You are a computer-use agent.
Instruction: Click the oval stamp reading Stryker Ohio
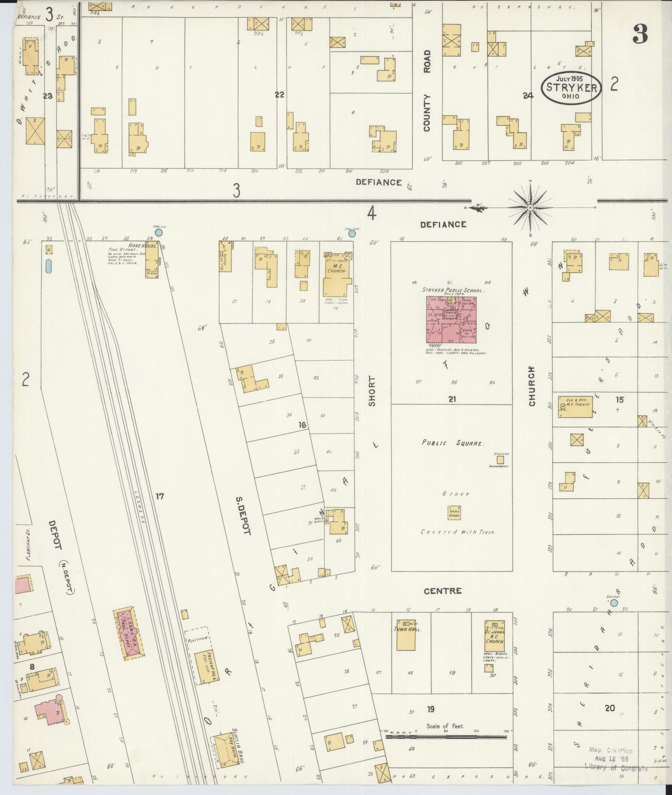571,87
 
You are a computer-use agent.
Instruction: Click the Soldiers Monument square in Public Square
500,459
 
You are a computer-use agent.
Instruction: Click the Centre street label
442,590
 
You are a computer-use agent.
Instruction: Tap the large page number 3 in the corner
640,33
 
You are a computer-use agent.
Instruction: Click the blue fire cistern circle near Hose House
159,232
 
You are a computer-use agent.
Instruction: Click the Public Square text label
452,443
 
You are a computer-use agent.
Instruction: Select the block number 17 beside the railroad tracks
160,497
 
